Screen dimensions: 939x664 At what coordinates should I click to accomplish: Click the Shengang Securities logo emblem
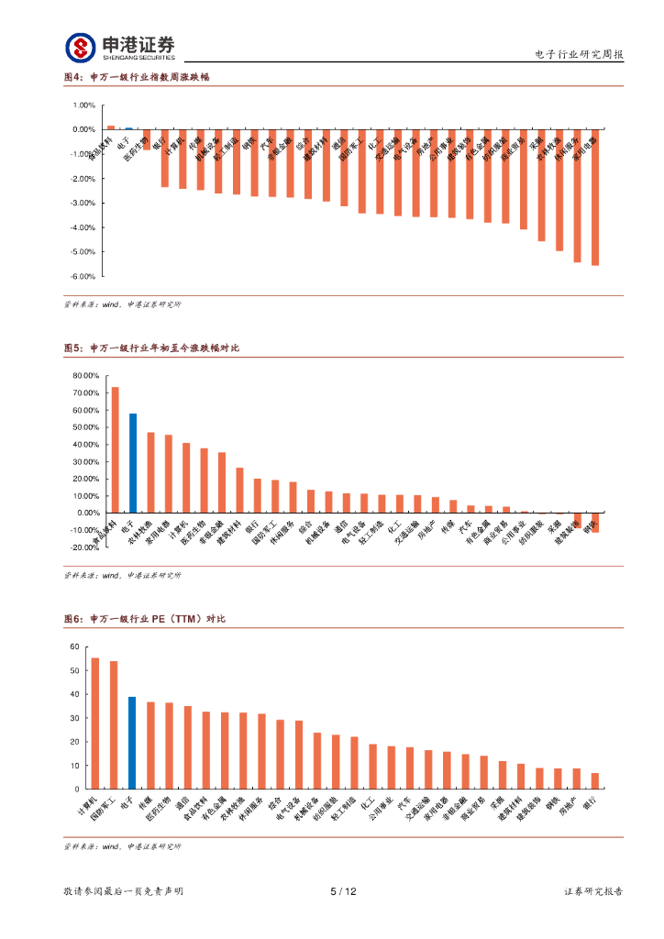pos(81,49)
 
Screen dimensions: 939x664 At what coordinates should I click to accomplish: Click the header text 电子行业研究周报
pos(579,55)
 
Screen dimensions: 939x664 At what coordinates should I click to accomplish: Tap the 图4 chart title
pos(138,77)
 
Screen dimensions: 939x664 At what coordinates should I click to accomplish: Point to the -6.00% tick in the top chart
pos(83,276)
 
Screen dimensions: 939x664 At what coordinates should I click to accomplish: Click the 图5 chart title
pos(151,348)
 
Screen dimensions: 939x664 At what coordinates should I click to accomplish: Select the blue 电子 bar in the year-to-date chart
pos(133,463)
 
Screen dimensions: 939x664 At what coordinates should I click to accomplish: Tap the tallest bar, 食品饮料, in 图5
pos(115,449)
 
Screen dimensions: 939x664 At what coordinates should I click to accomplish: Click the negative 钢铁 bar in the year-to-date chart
pos(595,522)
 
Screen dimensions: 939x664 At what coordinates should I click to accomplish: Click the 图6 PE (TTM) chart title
pos(145,620)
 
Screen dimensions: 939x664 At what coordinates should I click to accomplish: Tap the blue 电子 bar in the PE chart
pos(132,743)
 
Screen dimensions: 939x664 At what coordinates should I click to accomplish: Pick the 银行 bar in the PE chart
pos(595,780)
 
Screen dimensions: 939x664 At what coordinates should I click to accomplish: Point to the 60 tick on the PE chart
pos(75,647)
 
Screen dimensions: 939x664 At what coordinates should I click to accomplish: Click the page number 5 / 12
pos(342,891)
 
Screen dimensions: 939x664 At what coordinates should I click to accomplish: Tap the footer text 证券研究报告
pos(593,891)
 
